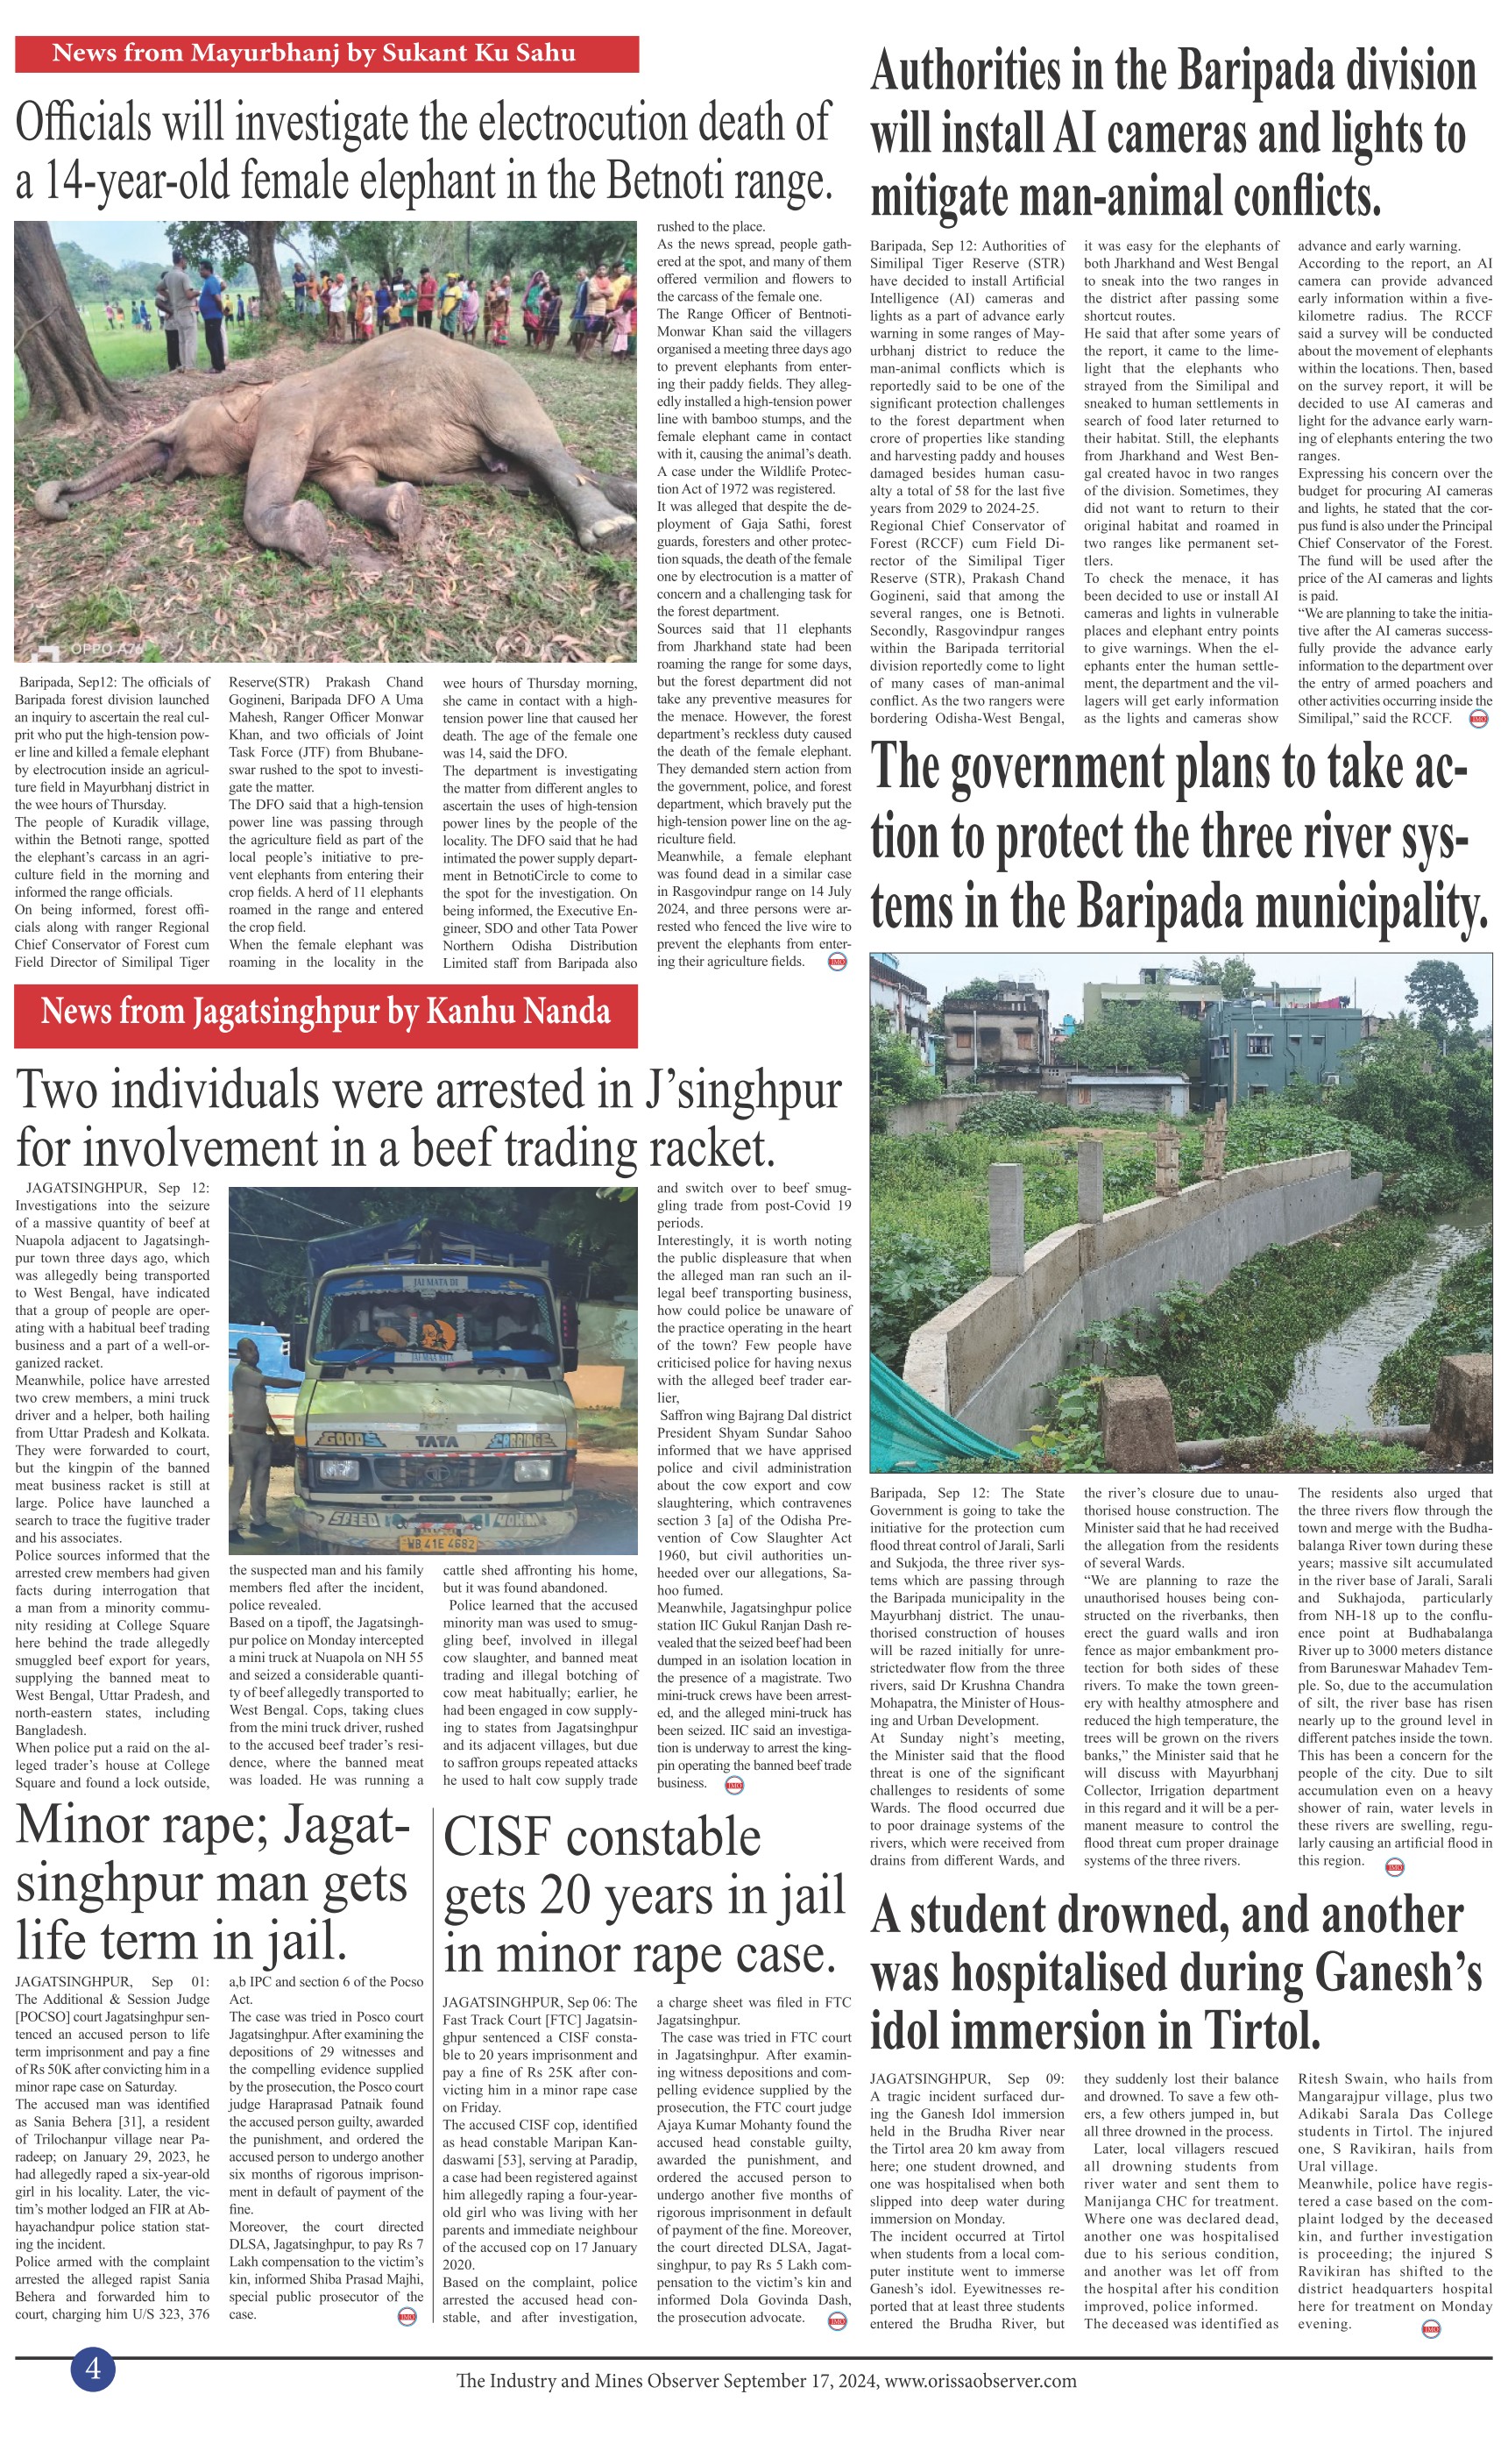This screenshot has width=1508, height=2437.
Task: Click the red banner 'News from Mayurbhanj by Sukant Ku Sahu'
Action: [x=326, y=53]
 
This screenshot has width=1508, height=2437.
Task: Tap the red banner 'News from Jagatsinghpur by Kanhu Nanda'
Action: [x=325, y=1013]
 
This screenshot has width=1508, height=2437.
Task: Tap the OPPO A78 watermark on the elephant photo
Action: [x=105, y=650]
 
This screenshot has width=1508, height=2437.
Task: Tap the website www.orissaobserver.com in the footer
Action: [x=981, y=2382]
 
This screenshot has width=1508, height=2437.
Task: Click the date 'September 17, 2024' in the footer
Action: [x=801, y=2382]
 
